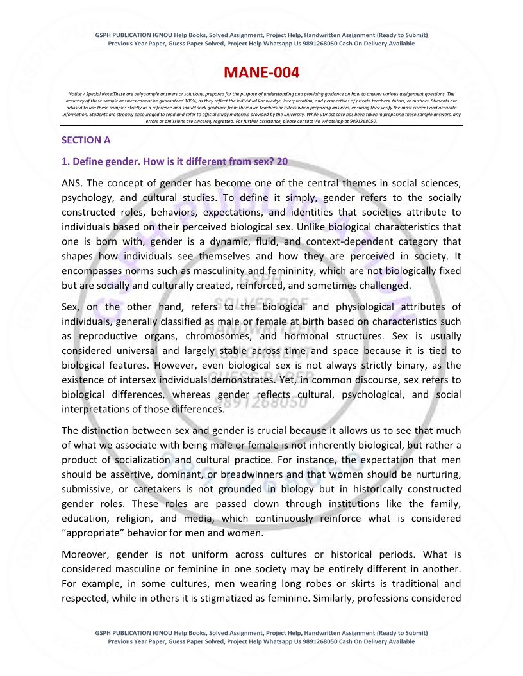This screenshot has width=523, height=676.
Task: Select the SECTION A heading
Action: point(81,140)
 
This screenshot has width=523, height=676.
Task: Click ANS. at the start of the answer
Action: point(74,184)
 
